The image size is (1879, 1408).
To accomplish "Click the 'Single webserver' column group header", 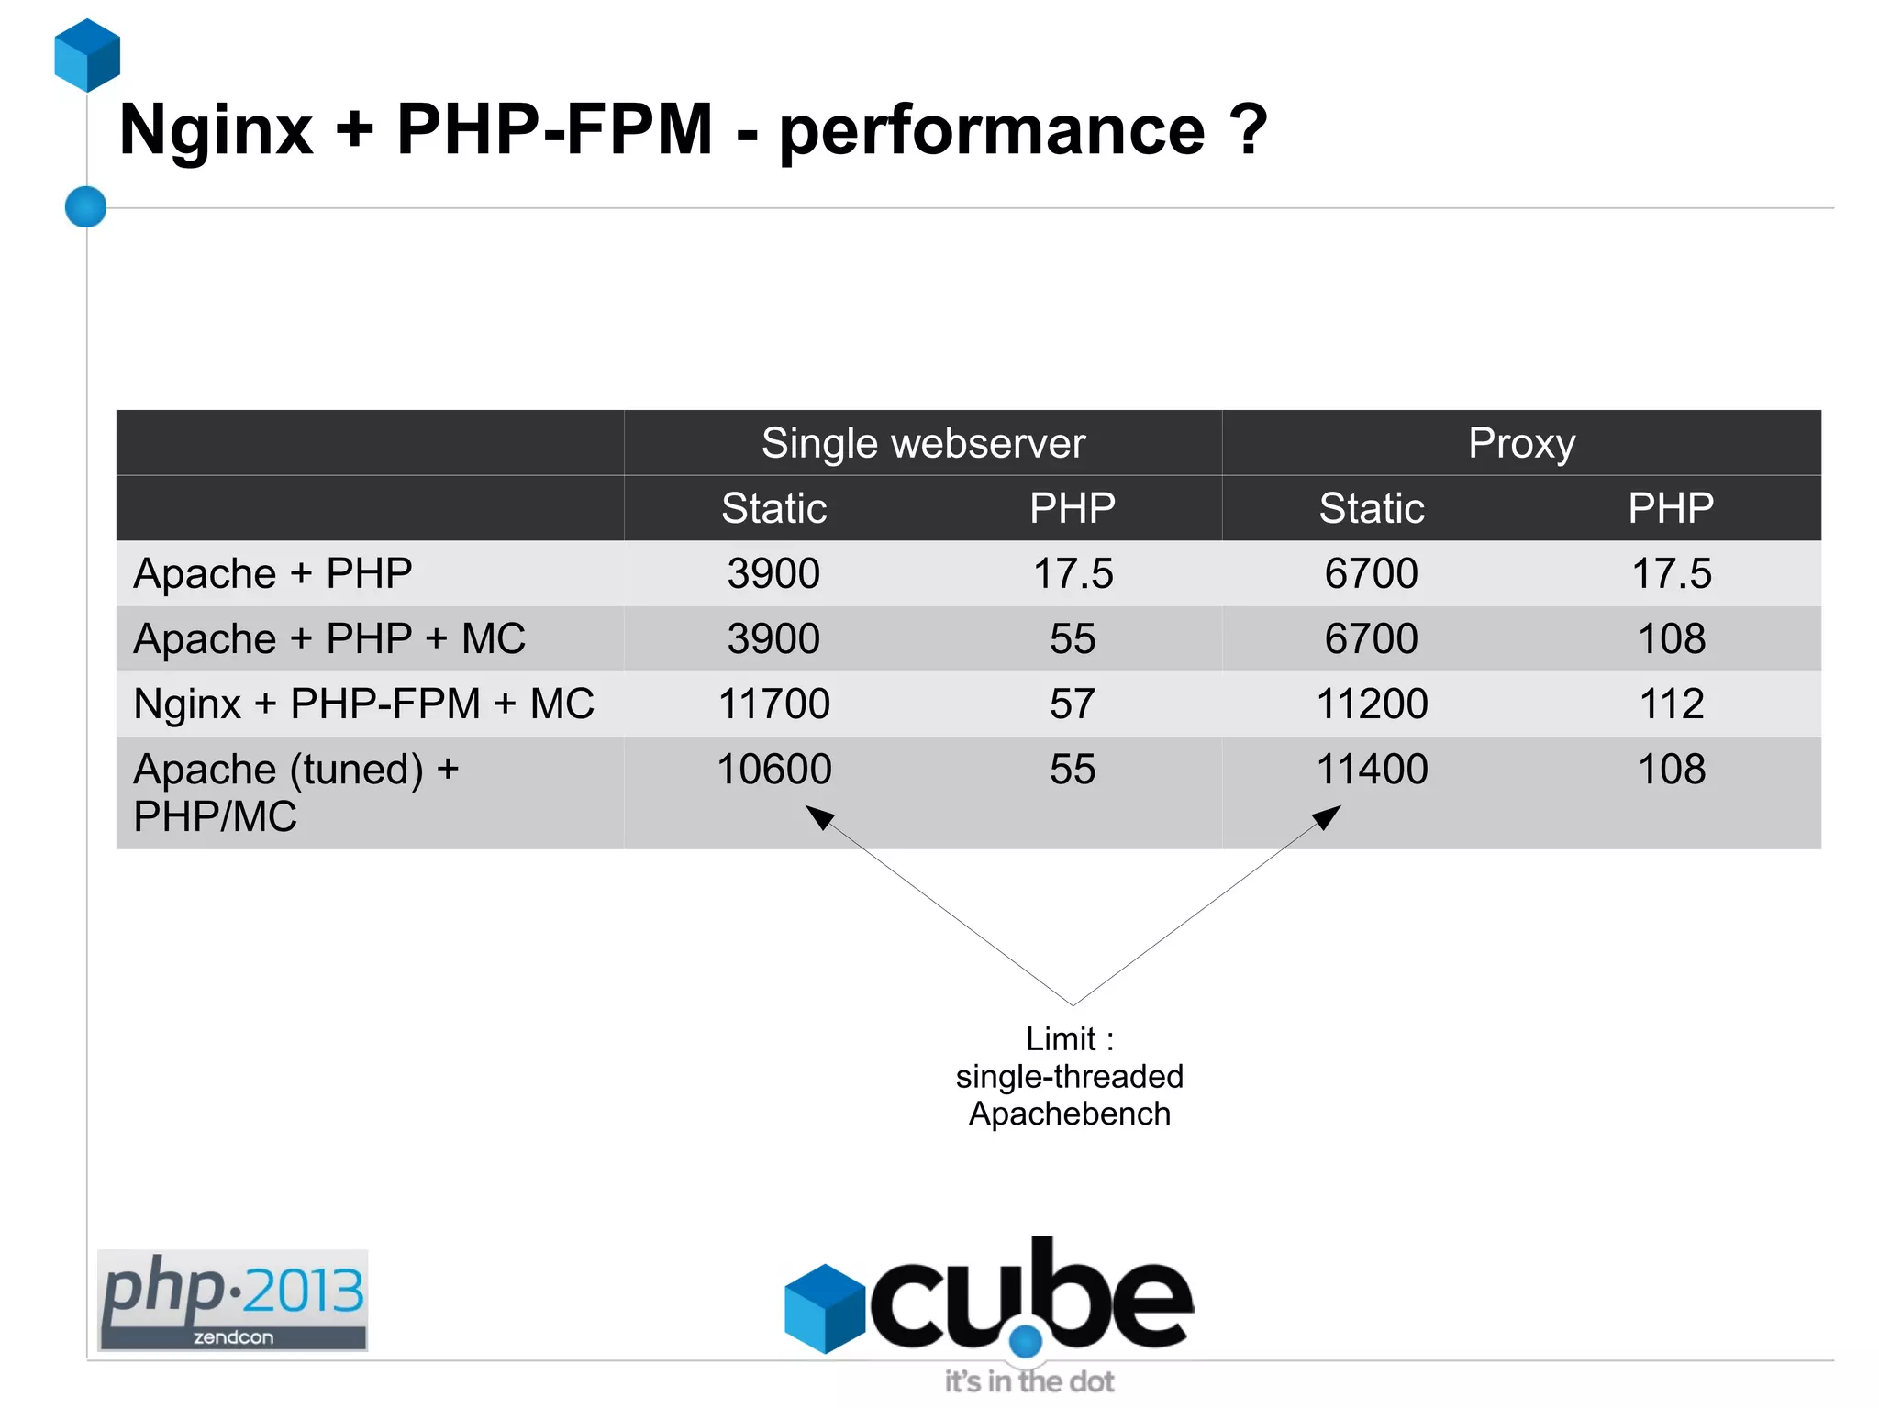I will [923, 444].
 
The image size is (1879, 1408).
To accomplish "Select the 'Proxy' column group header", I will [1521, 444].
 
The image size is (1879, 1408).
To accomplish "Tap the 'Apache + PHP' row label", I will [272, 574].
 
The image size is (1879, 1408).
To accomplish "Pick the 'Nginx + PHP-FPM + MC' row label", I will [363, 704].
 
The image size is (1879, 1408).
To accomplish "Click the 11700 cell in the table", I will [773, 704].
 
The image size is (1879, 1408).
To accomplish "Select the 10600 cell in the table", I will [773, 770].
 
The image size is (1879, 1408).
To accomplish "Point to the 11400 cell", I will [1372, 770].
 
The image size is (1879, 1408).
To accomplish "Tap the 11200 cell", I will [1372, 704].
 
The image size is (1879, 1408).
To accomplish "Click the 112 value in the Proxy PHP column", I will [1671, 704].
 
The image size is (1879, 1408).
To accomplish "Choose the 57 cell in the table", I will [1073, 704].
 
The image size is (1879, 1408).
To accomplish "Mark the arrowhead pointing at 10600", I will [819, 816].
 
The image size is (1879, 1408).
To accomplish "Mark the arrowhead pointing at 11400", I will [1327, 816].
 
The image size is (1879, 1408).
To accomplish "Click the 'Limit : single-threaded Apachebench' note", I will [1070, 1077].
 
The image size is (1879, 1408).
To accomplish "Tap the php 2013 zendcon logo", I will [233, 1300].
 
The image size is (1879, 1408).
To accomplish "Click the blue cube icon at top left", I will [87, 56].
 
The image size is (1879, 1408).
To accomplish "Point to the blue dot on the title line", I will [86, 206].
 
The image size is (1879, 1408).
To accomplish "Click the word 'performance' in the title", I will [992, 131].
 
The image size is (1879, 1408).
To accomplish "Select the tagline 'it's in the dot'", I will [1029, 1381].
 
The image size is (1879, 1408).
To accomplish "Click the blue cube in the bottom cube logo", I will [824, 1309].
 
